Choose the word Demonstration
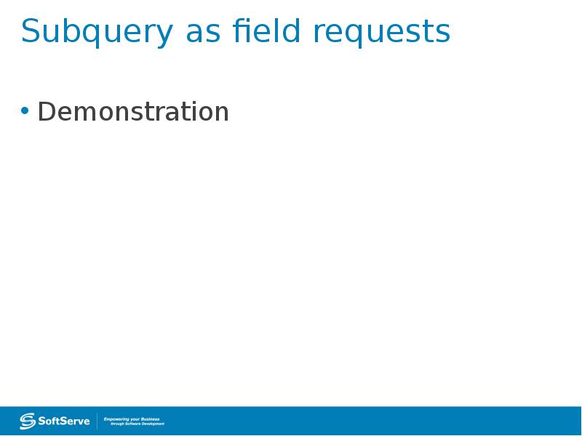tap(133, 112)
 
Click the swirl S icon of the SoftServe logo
tap(28, 421)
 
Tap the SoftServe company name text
tap(64, 421)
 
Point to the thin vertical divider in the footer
tap(97, 421)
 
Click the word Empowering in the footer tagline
tap(117, 419)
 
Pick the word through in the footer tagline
tap(118, 423)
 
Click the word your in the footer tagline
tap(135, 419)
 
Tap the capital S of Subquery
tap(30, 32)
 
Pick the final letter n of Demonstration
tap(221, 113)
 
